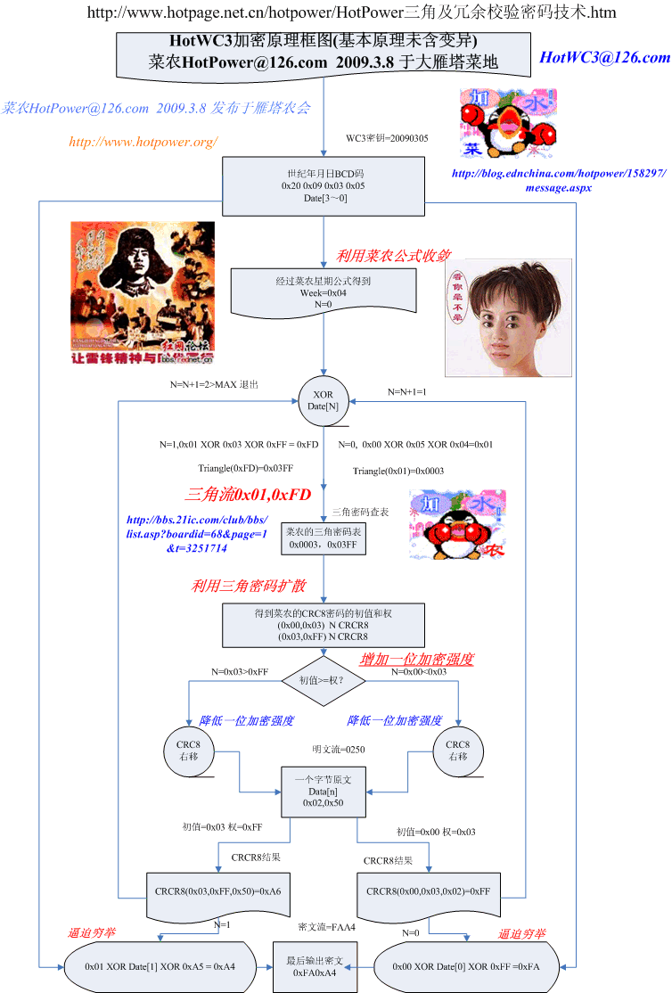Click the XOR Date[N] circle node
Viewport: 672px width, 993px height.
324,399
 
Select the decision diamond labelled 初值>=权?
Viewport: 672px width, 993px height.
324,679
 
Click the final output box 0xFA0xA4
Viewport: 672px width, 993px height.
310,967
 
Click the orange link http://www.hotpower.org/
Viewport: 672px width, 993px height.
143,142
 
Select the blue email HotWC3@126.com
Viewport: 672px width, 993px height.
604,58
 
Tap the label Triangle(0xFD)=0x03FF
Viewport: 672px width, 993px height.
245,467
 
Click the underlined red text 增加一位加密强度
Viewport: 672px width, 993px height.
416,660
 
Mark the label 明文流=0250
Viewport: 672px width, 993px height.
338,750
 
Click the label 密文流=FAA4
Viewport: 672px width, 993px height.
327,928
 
